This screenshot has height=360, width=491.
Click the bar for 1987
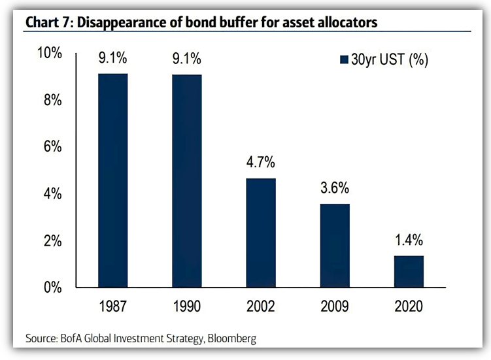click(x=113, y=180)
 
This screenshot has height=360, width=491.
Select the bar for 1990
click(x=187, y=181)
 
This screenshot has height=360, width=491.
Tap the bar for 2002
click(x=261, y=233)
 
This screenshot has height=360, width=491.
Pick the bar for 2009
click(x=335, y=246)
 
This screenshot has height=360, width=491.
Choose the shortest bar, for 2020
click(x=409, y=271)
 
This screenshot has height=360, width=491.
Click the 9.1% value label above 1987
click(x=113, y=58)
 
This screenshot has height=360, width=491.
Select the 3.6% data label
click(x=335, y=188)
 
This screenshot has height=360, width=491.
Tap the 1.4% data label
click(x=409, y=240)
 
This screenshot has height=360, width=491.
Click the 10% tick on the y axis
click(x=49, y=54)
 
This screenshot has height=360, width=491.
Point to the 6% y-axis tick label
click(x=52, y=147)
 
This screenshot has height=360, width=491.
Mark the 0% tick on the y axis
click(x=52, y=287)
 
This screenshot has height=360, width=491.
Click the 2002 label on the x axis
click(x=261, y=306)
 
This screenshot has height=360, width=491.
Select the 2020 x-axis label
click(x=409, y=306)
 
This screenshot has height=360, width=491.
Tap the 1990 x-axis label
click(x=187, y=306)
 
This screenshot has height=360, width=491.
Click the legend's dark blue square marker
click(x=343, y=61)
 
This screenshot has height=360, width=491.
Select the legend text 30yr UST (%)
click(x=390, y=61)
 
